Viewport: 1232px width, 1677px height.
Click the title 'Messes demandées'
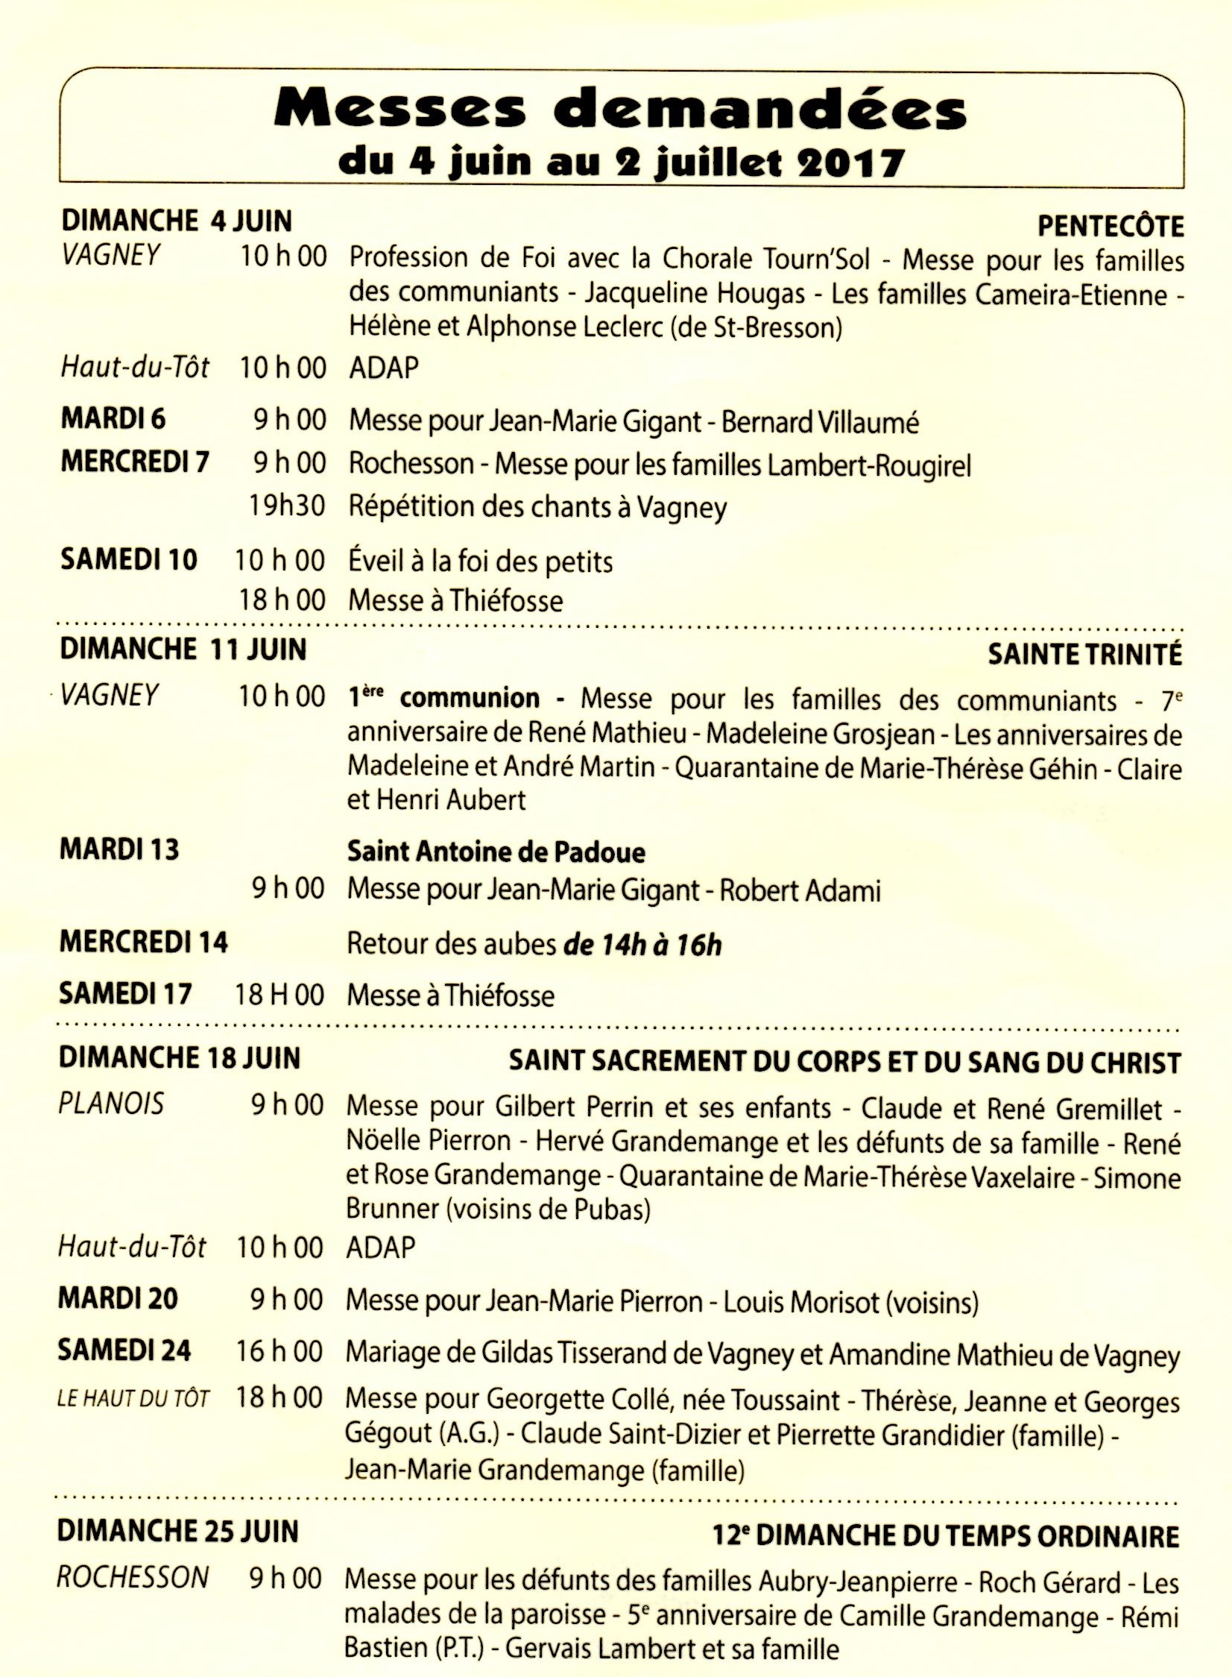click(621, 109)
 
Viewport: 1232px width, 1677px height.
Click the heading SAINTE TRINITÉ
click(1084, 654)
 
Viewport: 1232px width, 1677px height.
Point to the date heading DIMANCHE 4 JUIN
click(177, 221)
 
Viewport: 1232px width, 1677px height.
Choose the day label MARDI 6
click(113, 418)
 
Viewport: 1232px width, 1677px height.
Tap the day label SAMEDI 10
click(129, 559)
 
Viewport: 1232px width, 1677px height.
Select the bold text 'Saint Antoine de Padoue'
click(496, 852)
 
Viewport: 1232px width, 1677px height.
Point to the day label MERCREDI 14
click(144, 943)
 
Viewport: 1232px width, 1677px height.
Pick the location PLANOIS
click(111, 1104)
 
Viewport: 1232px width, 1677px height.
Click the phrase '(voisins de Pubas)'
click(547, 1209)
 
